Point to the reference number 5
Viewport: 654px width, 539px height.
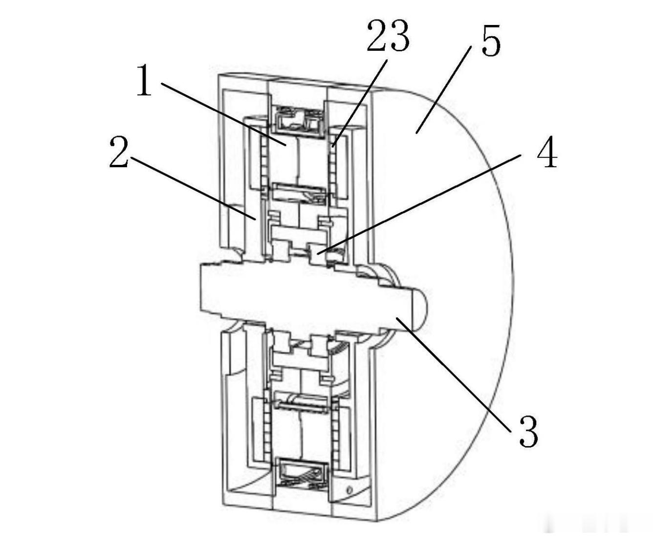[x=491, y=40]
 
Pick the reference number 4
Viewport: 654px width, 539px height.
[x=547, y=152]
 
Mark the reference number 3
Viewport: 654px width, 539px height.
[x=529, y=431]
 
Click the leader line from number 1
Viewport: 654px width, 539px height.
[x=223, y=114]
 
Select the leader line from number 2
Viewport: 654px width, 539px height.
[x=193, y=188]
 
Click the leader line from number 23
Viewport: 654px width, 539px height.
[x=359, y=103]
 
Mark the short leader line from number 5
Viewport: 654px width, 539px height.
[x=443, y=90]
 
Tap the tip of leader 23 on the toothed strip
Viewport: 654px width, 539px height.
[x=332, y=147]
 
